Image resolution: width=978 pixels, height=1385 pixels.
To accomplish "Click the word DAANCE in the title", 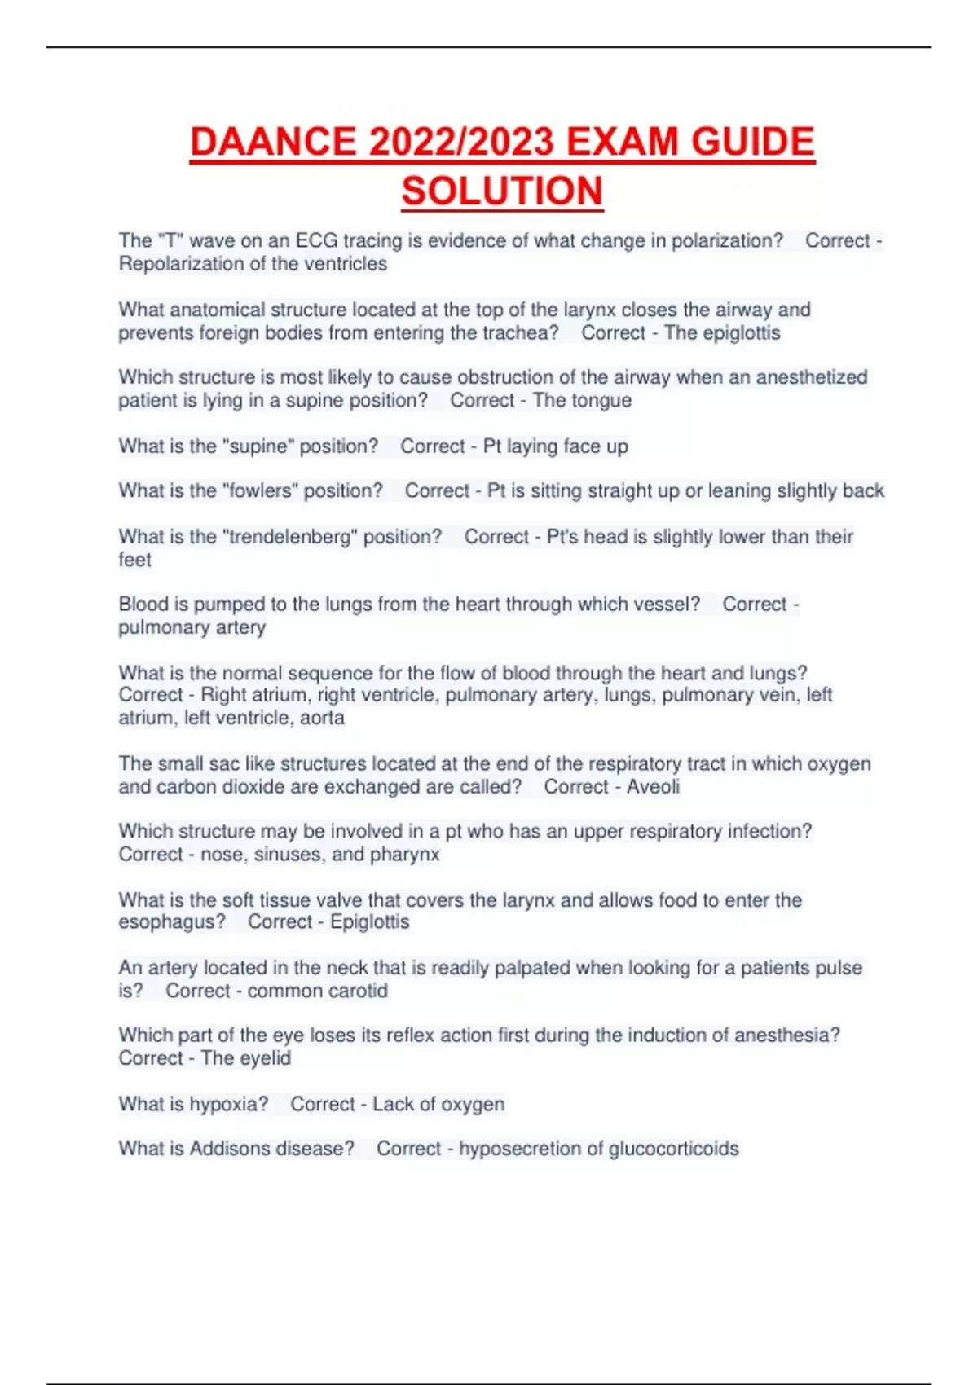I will [272, 142].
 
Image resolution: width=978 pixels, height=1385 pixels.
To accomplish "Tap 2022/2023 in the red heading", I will [461, 142].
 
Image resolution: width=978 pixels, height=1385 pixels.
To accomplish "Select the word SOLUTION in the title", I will [502, 191].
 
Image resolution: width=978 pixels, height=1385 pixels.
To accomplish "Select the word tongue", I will [603, 400].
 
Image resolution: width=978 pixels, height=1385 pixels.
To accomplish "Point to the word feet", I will [134, 560].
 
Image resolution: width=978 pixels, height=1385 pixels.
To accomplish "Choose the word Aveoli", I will [653, 787].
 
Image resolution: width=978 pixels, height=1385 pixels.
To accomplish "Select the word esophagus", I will [170, 922].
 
